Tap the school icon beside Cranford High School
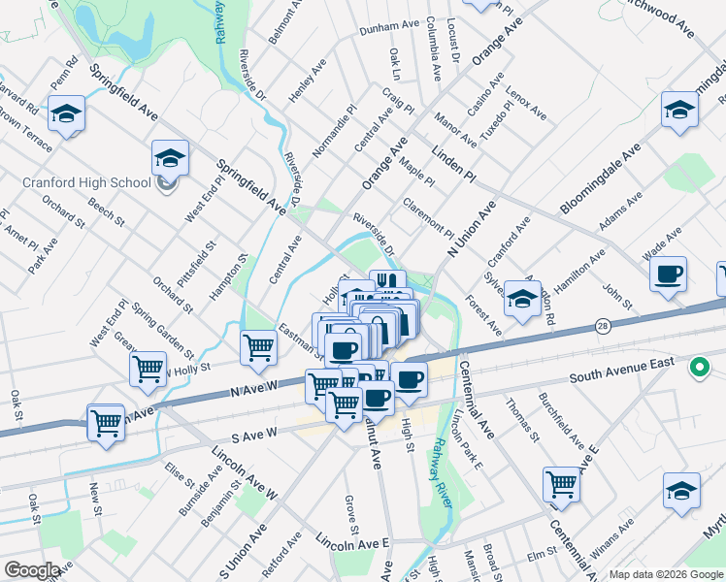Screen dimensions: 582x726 170,158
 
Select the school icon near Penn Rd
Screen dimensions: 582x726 66,115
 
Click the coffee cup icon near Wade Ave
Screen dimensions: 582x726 667,275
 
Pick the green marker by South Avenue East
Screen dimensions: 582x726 697,368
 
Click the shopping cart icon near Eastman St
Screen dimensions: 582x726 258,346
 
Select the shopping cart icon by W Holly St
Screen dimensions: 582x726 148,368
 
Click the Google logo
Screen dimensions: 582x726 32,570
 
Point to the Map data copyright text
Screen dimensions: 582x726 665,573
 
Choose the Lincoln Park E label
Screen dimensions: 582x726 468,436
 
